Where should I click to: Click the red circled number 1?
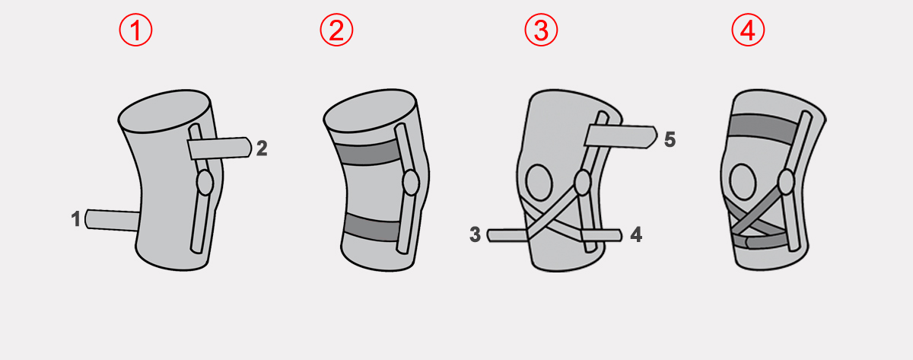click(x=135, y=30)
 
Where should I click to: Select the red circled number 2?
click(x=336, y=30)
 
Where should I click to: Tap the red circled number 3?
click(x=541, y=30)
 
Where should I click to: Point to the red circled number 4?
click(x=748, y=30)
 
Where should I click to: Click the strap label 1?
click(x=76, y=219)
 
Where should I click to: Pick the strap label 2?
click(x=262, y=148)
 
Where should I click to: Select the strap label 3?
click(x=476, y=235)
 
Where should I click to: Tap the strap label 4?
click(x=636, y=235)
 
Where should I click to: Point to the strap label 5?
click(x=670, y=140)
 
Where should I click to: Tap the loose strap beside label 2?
click(x=219, y=148)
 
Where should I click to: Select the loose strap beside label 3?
click(x=507, y=235)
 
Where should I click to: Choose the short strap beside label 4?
click(x=602, y=235)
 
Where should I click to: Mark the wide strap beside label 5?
click(x=620, y=136)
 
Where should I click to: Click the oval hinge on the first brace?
click(x=205, y=183)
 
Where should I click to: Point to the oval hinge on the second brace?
click(x=411, y=183)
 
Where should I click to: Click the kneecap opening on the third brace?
click(x=539, y=182)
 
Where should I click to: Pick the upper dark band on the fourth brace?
click(x=763, y=129)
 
